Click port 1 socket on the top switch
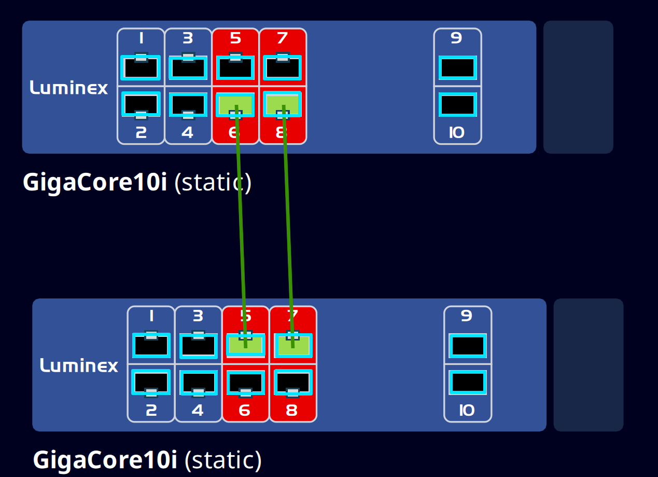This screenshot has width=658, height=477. click(141, 68)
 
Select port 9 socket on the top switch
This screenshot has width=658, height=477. click(457, 68)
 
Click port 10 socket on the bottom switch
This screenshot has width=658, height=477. click(467, 383)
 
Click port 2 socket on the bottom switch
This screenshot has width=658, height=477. click(151, 381)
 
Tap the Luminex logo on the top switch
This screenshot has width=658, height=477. click(69, 87)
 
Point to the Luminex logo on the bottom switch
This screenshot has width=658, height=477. click(79, 365)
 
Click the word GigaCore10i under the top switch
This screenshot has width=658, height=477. click(95, 183)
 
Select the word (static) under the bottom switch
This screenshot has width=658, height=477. click(223, 460)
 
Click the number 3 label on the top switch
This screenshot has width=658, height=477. click(188, 38)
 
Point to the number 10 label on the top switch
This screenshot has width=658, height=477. click(457, 133)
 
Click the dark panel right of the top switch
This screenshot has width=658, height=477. click(578, 87)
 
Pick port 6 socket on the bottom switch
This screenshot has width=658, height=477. click(245, 381)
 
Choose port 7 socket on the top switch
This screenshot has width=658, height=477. click(282, 68)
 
